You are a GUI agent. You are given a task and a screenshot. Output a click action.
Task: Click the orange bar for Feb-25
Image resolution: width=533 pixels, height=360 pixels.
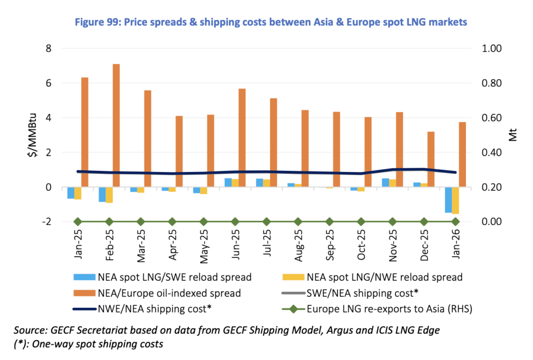(116, 125)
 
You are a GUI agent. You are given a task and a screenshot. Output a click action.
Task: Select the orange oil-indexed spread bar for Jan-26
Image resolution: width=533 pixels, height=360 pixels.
(462, 154)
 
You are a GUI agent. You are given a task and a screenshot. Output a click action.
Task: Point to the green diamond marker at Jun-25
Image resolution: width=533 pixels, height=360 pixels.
(235, 221)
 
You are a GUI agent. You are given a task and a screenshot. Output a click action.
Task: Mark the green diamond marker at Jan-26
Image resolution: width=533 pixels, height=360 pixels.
(455, 221)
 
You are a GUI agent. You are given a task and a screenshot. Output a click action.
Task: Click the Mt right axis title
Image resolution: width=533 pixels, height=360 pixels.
(513, 135)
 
